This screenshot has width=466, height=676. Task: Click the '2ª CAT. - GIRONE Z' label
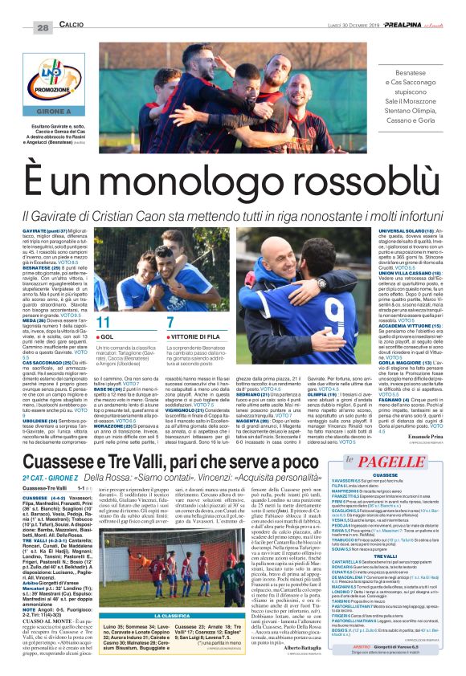[55, 464]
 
